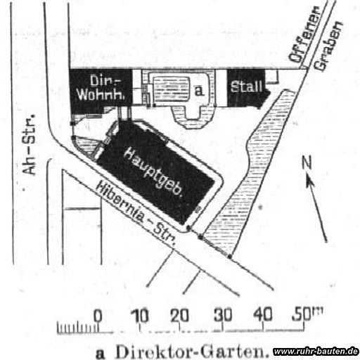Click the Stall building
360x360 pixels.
(245, 88)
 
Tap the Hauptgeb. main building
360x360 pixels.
(157, 172)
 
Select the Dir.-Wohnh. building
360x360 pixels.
(101, 89)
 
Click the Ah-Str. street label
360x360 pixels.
(30, 144)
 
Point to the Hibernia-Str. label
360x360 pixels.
(136, 213)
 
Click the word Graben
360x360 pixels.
(328, 46)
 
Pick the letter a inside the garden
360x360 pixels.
(199, 91)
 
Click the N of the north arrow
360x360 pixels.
(307, 162)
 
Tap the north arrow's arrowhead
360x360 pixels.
(310, 181)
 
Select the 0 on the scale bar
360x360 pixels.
(98, 315)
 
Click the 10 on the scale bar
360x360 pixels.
(140, 315)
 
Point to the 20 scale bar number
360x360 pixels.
(179, 315)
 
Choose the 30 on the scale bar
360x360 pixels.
(223, 315)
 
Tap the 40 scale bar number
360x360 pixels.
(264, 314)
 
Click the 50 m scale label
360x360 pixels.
(307, 314)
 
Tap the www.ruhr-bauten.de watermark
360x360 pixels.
(316, 352)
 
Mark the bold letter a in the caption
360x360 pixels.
(101, 354)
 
